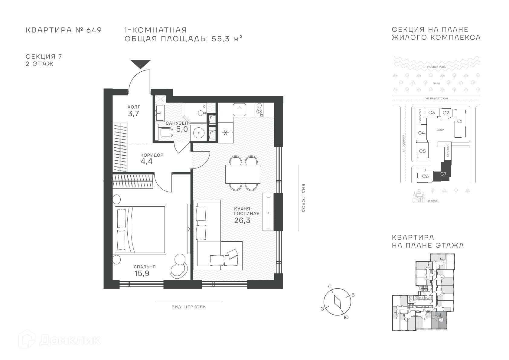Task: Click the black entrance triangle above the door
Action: click(x=140, y=64)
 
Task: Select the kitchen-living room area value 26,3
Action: click(x=242, y=220)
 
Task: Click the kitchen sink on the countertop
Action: click(x=239, y=110)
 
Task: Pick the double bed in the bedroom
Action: click(x=139, y=229)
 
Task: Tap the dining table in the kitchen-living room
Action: click(x=243, y=174)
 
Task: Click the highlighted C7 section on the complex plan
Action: click(x=442, y=173)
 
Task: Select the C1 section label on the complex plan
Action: click(x=460, y=121)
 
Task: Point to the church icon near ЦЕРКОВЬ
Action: click(x=419, y=196)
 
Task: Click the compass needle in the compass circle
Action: click(x=338, y=302)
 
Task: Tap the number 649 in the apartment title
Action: click(x=94, y=30)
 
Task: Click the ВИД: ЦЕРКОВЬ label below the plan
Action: click(x=189, y=307)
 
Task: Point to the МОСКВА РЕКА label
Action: click(x=436, y=67)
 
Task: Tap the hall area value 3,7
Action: click(x=133, y=113)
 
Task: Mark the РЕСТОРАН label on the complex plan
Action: click(x=419, y=116)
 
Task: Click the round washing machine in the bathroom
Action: click(x=199, y=133)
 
